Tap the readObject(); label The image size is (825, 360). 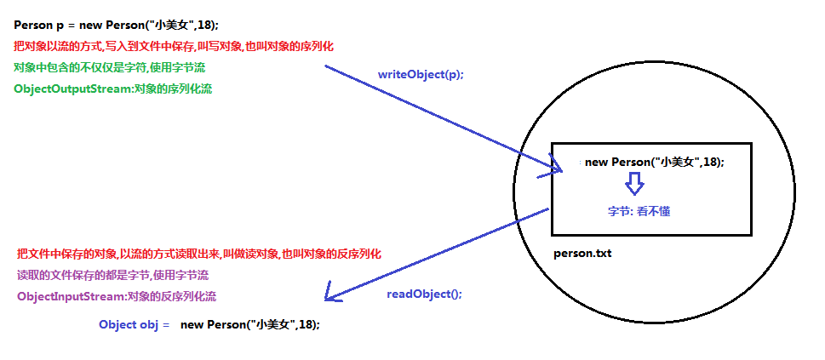[x=424, y=294]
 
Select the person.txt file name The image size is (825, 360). [x=582, y=253]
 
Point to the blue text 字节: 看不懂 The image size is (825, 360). [x=639, y=210]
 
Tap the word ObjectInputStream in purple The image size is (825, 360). [x=71, y=297]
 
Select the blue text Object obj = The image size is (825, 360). [x=134, y=325]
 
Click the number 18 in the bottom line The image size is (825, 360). [x=307, y=325]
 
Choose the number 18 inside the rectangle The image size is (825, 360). [x=711, y=162]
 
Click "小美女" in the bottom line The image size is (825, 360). [x=272, y=325]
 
